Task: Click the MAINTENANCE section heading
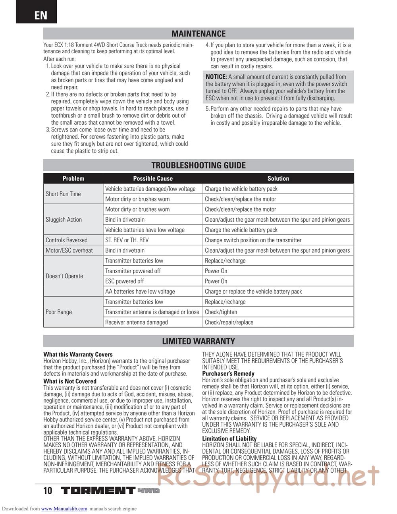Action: tap(198, 34)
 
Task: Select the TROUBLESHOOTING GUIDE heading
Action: tap(198, 165)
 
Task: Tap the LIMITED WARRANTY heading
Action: tap(198, 341)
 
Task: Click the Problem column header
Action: tap(73, 178)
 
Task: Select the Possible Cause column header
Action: tap(153, 178)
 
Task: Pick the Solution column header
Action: tap(278, 178)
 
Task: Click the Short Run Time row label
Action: tap(63, 194)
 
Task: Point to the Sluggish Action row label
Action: tap(64, 220)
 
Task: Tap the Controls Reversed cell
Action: tap(66, 240)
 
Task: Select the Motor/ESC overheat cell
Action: tap(69, 250)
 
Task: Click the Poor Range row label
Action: tap(59, 312)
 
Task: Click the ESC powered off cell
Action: tap(125, 281)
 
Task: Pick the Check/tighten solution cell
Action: tap(221, 312)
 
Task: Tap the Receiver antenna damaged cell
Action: tap(137, 322)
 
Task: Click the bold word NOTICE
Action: tap(216, 77)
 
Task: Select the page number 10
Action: tap(48, 491)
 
